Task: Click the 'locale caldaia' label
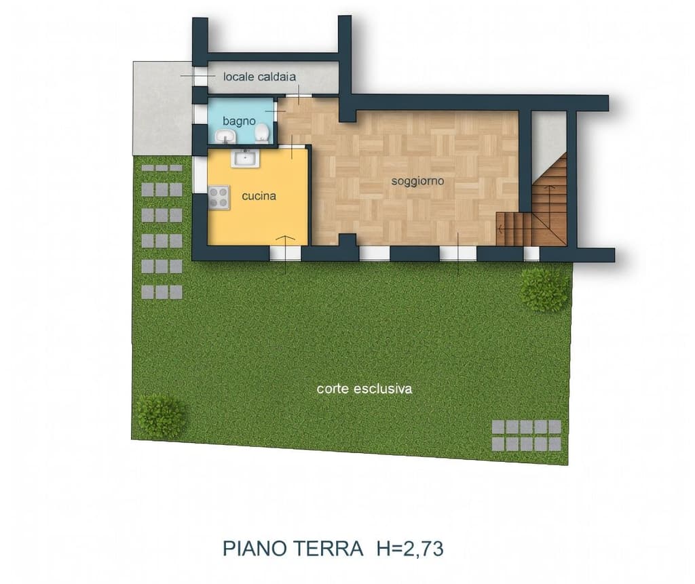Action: (x=259, y=77)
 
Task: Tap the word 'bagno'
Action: (x=239, y=121)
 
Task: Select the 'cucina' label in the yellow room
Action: (x=259, y=196)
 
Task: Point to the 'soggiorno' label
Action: (x=417, y=181)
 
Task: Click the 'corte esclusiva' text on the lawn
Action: (x=364, y=389)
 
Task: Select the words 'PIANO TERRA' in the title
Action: (x=293, y=548)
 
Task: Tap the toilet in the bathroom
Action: (x=262, y=133)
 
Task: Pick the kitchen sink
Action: (x=243, y=159)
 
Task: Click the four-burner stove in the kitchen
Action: (x=219, y=197)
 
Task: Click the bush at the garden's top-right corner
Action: (x=544, y=289)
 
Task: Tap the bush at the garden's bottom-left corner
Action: (x=161, y=416)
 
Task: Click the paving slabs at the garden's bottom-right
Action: (x=527, y=435)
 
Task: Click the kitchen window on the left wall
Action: (x=198, y=175)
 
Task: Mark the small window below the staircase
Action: (x=531, y=254)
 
